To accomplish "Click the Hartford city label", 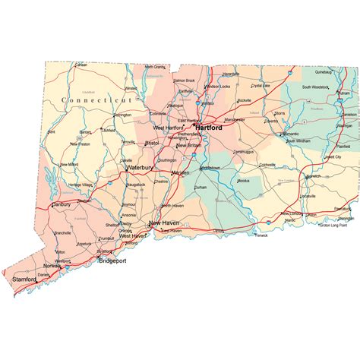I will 209,128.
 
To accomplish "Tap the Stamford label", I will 25,279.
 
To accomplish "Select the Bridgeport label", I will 112,261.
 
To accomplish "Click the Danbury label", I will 61,204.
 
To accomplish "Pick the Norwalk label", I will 52,266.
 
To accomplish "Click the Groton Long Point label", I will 336,225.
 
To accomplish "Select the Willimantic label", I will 289,134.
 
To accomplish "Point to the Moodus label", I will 243,181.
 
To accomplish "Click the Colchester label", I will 267,164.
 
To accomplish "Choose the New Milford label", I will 69,164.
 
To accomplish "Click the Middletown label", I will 210,166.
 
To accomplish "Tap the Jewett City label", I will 333,156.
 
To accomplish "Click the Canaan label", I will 81,65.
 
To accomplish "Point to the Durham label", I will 201,186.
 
